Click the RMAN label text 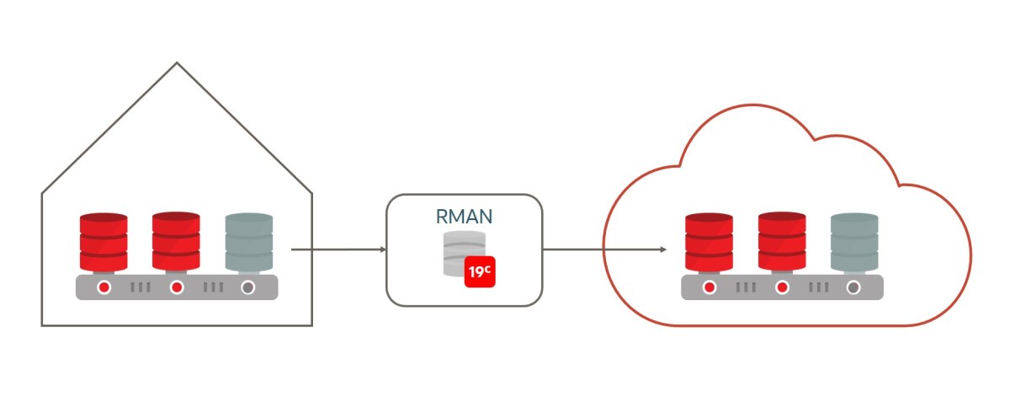464,216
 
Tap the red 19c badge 480,272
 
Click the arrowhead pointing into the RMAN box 382,250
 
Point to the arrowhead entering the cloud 663,250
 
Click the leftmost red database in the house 104,240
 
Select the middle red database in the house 176,240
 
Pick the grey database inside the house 248,240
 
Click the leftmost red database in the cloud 709,240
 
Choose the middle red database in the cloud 781,240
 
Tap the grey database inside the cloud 853,240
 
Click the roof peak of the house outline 177,63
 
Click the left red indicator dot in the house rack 104,287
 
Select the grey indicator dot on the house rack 248,287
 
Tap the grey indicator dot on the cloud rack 853,287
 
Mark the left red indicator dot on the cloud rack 710,287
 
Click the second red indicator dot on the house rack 177,287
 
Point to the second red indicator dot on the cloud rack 782,287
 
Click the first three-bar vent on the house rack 141,287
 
